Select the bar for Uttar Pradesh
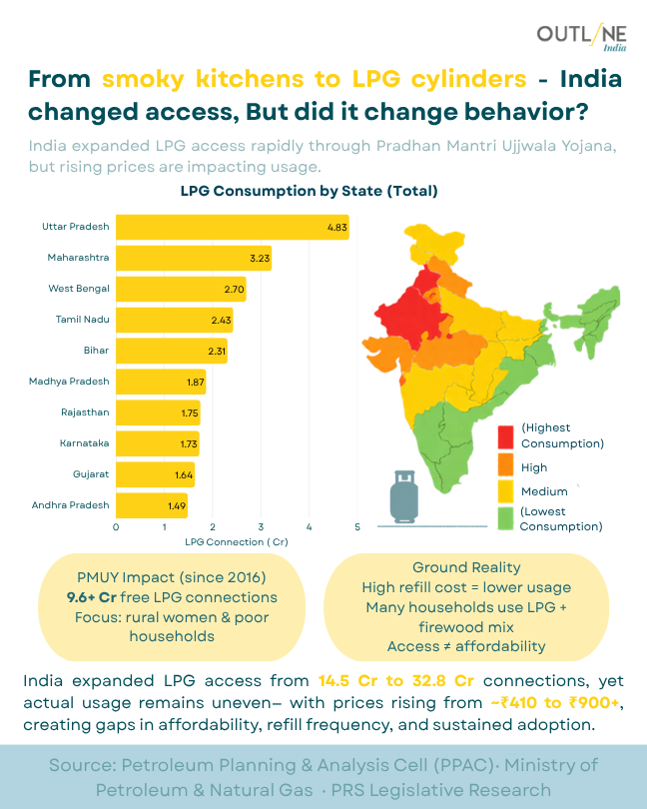pyautogui.click(x=232, y=227)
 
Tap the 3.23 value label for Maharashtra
pyautogui.click(x=260, y=259)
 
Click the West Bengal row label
pyautogui.click(x=79, y=289)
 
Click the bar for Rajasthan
pyautogui.click(x=158, y=412)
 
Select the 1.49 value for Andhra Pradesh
pyautogui.click(x=176, y=505)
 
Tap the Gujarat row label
pyautogui.click(x=91, y=473)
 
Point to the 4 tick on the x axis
pyautogui.click(x=310, y=526)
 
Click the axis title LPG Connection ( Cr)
pyautogui.click(x=237, y=541)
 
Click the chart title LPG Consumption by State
pyautogui.click(x=310, y=190)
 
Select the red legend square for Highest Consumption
pyautogui.click(x=507, y=435)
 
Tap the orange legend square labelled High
pyautogui.click(x=507, y=466)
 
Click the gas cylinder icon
pyautogui.click(x=404, y=496)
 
